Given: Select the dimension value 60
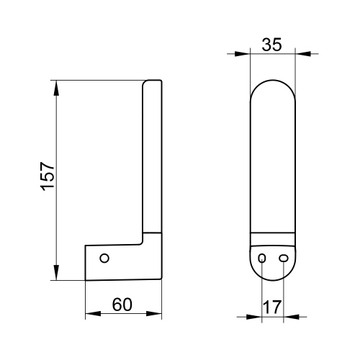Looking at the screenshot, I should (123, 305).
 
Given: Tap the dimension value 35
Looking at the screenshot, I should (271, 44).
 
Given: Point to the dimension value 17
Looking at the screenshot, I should (271, 305).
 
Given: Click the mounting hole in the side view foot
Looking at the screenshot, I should (104, 258).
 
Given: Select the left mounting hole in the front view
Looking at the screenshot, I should (262, 258).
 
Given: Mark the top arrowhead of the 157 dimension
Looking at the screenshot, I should (56, 85).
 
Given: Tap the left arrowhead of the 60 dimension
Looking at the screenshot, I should (90, 314).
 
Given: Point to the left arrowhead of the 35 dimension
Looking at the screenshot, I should (245, 53).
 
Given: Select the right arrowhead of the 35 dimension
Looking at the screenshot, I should (299, 53).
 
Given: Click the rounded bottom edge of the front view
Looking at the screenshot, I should (272, 276).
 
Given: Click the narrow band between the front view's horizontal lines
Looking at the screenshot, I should (272, 239).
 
